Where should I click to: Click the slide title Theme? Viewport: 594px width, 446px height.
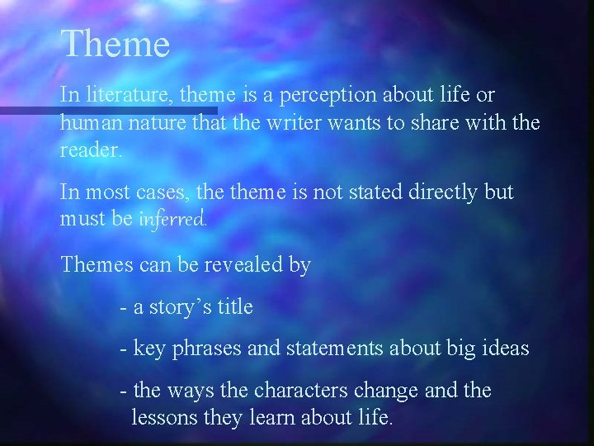[115, 45]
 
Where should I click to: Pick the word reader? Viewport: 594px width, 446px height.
[89, 149]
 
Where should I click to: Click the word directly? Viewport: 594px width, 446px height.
[444, 193]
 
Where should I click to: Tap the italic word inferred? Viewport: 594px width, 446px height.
[173, 220]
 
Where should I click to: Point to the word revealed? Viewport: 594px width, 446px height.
[239, 265]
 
